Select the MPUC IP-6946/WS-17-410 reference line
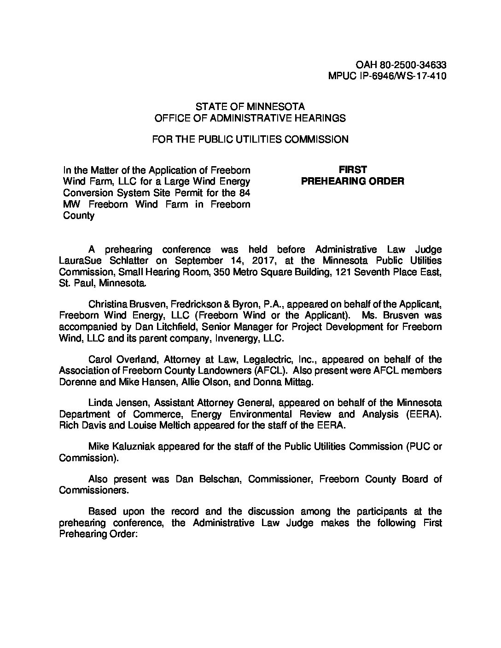pos(387,76)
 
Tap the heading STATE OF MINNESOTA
pos(250,107)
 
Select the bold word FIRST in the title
pos(353,170)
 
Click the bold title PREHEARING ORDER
pos(353,181)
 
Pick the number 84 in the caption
pos(244,192)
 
